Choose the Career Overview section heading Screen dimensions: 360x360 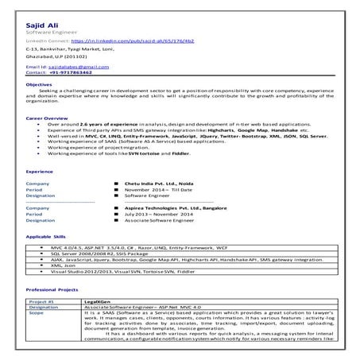coord(45,138)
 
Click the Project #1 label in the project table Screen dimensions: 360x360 coord(41,303)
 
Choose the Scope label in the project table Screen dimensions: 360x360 coord(37,314)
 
